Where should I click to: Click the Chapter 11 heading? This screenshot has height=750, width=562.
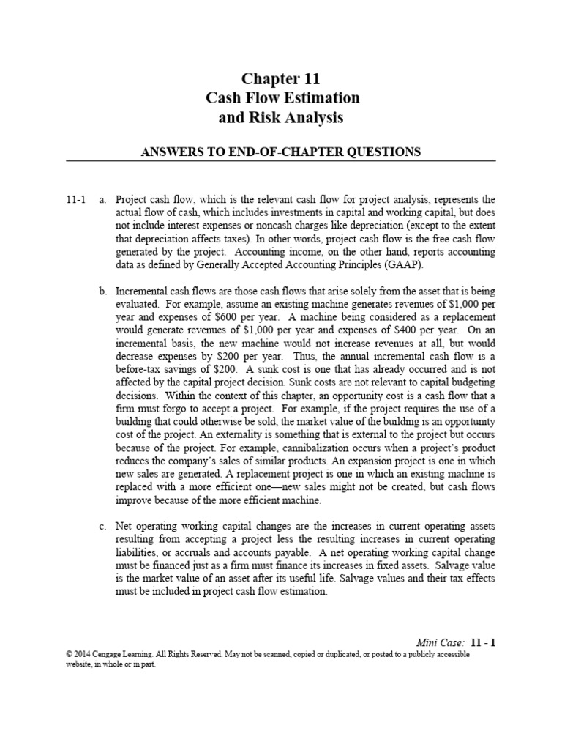pos(281,79)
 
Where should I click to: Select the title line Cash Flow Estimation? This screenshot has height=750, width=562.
pos(281,97)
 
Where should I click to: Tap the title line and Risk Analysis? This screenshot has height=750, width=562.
pos(281,117)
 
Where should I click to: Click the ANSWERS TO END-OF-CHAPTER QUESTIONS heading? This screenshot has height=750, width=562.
pos(281,152)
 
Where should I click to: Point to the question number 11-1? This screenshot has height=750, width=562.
pos(77,199)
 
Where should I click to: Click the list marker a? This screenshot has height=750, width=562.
pos(102,199)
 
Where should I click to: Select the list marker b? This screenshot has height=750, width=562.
pos(102,292)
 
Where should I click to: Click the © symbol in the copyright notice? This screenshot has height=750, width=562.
pos(68,655)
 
